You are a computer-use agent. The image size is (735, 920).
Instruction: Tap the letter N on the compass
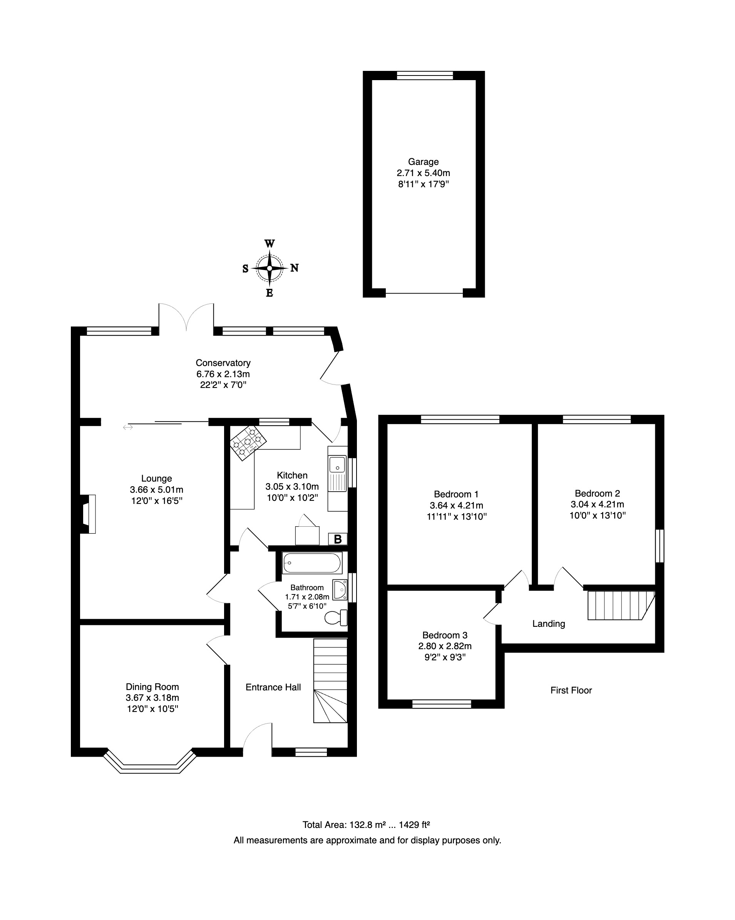click(x=294, y=268)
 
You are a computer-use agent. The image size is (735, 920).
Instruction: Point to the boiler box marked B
click(x=338, y=539)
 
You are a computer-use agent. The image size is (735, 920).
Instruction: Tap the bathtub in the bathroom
click(x=312, y=563)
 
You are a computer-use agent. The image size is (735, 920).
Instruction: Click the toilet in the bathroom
click(x=336, y=618)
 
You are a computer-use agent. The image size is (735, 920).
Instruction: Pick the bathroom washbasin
click(x=340, y=590)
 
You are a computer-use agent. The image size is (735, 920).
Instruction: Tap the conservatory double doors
click(x=186, y=317)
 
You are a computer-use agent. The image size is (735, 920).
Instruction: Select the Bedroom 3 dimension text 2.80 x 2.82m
click(x=445, y=646)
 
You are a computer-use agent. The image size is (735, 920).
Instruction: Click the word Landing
click(x=549, y=624)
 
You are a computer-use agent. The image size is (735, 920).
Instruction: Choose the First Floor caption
click(x=571, y=690)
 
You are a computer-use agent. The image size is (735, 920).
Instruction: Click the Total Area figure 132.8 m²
click(x=365, y=825)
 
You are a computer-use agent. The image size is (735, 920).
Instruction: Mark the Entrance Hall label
click(x=273, y=687)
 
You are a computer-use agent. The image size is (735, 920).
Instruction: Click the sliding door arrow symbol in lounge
click(x=128, y=427)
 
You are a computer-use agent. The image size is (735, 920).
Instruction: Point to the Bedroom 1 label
click(x=456, y=494)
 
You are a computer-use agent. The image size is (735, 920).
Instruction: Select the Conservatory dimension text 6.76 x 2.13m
click(x=223, y=374)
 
